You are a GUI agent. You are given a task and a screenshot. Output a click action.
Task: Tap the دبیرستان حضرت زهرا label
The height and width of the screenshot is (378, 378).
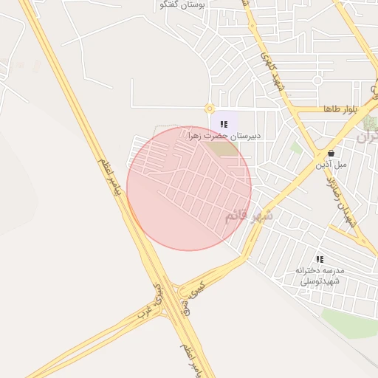226,137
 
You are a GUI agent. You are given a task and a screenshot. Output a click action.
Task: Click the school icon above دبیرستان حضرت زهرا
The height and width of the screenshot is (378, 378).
224,124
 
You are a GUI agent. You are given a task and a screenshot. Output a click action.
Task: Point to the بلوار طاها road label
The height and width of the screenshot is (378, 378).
340,109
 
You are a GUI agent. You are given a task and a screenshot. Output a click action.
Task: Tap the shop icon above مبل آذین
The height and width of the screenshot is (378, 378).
330,154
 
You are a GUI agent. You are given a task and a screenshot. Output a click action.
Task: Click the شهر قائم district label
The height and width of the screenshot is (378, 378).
249,216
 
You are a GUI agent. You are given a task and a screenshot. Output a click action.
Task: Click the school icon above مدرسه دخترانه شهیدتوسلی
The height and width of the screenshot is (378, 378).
320,259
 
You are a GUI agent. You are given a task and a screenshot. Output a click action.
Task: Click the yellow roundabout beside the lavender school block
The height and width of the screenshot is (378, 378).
209,109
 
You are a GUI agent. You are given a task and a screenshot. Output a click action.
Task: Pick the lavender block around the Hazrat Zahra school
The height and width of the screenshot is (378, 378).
226,122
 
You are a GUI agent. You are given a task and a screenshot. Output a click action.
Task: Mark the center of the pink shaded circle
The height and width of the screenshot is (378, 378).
189,188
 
